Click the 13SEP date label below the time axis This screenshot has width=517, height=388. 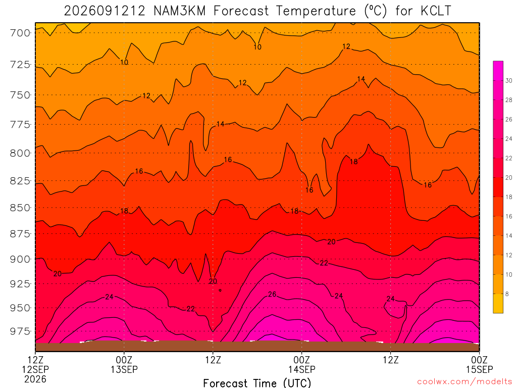point(124,369)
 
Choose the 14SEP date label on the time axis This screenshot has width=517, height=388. point(302,369)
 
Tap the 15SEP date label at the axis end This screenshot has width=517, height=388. point(480,369)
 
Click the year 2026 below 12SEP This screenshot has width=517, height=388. point(35,379)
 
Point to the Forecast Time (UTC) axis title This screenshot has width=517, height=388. point(257,383)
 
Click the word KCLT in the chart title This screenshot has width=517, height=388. point(436,11)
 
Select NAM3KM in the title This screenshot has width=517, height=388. point(180,11)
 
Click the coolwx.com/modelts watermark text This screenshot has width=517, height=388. point(464,382)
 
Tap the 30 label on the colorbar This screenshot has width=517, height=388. point(508,81)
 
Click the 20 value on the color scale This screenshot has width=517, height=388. point(508,178)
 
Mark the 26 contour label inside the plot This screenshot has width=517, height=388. point(272,295)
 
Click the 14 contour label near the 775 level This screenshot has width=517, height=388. point(220,124)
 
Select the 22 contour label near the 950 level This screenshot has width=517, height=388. point(190,309)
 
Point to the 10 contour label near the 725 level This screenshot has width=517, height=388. point(124,62)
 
